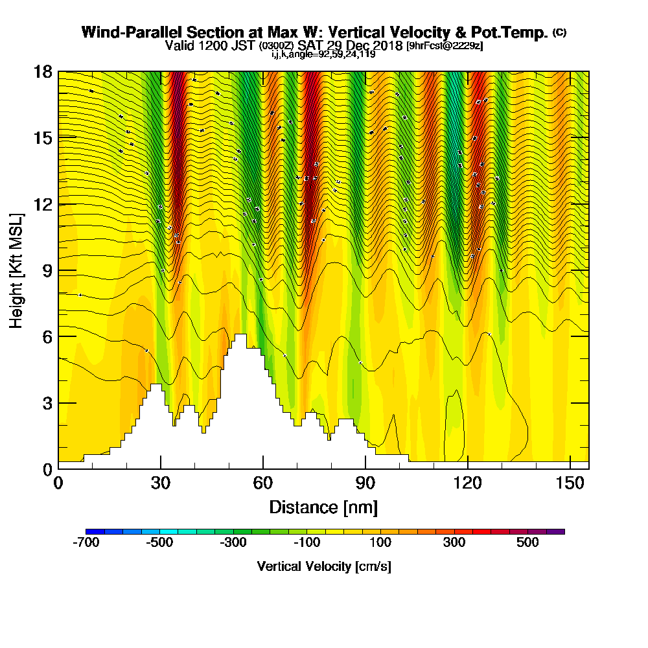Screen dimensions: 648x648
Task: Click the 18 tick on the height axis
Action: coord(58,71)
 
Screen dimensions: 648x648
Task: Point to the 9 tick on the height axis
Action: coord(58,270)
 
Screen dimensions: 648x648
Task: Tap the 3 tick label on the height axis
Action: coord(47,402)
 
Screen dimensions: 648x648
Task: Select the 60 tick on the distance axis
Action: coord(263,469)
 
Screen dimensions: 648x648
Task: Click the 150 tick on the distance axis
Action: coord(570,469)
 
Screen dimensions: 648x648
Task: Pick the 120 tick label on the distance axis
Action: coord(468,483)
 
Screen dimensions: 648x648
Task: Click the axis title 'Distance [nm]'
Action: coord(323,507)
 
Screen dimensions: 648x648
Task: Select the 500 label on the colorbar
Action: coord(527,542)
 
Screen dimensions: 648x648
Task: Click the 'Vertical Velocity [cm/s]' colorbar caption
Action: coord(324,566)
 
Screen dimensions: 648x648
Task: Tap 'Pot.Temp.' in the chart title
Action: coord(516,32)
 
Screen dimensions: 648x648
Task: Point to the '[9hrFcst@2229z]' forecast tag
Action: coord(444,45)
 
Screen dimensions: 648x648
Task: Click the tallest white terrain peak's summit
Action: coord(240,335)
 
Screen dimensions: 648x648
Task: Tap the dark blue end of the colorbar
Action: coord(90,531)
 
